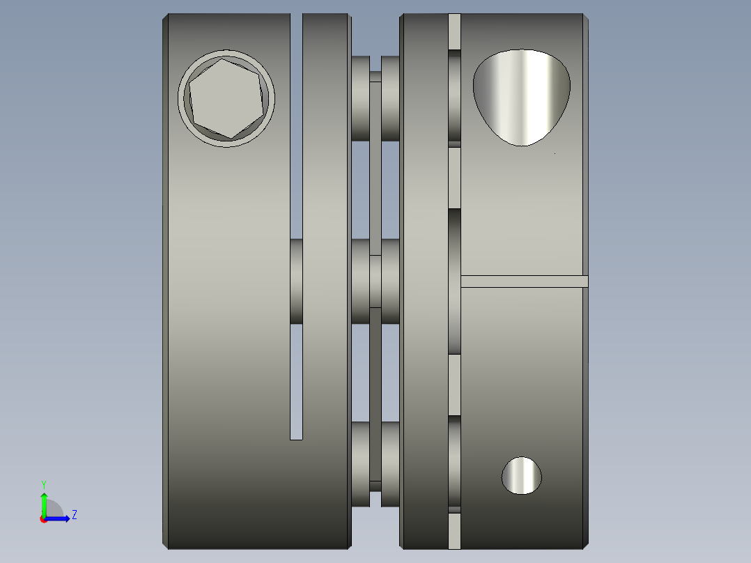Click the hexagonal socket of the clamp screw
point(226,98)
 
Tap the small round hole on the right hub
point(521,476)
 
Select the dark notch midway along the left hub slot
point(296,281)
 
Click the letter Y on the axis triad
point(43,484)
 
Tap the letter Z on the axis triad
point(74,515)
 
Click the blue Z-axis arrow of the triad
point(59,518)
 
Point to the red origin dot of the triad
point(43,519)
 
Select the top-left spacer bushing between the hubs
point(360,98)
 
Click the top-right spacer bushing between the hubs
point(390,98)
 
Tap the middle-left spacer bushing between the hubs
point(360,281)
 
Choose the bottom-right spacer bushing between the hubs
point(390,463)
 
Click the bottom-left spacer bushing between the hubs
point(360,463)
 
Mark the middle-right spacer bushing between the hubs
point(390,281)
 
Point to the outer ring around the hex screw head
point(226,54)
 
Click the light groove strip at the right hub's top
point(454,31)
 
